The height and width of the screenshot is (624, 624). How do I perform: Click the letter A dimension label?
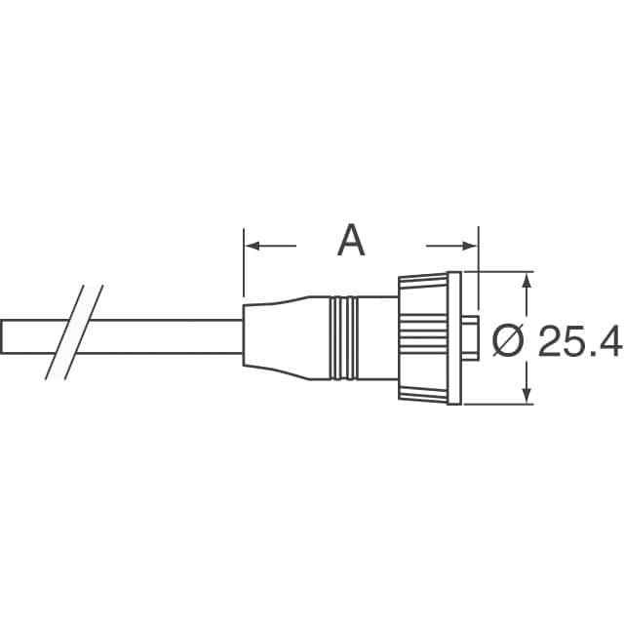tap(351, 241)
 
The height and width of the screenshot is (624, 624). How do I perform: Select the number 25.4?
tap(580, 340)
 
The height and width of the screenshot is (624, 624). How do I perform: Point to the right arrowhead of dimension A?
tap(469, 246)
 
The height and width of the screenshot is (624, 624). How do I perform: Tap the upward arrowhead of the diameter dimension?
tap(526, 280)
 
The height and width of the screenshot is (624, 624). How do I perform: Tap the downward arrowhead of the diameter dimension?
tap(526, 396)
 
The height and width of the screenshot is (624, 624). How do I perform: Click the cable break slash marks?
tap(74, 332)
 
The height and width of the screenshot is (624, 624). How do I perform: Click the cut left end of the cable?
tap(2, 336)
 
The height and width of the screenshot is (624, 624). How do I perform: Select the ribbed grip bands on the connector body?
tap(343, 338)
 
